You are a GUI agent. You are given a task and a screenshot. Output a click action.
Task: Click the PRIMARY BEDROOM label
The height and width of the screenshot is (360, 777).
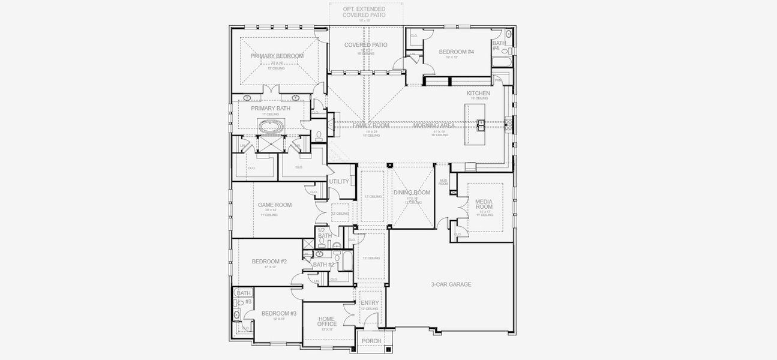[x=277, y=56]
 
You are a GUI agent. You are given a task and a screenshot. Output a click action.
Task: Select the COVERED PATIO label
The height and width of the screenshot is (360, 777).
[x=365, y=45]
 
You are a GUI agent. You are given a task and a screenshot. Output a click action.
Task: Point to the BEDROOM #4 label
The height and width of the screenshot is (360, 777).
[x=456, y=52]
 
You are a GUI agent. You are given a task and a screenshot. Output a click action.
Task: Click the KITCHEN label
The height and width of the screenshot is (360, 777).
[x=478, y=93]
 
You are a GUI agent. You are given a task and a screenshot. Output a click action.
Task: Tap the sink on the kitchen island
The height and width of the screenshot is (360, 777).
[x=481, y=124]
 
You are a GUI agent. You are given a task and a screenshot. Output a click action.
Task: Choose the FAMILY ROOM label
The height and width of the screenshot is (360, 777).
[x=371, y=125]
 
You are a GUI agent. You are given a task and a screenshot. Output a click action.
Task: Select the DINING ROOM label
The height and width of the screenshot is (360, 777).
[x=412, y=193]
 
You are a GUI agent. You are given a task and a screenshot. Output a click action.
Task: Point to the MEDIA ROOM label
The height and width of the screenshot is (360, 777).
[x=484, y=204]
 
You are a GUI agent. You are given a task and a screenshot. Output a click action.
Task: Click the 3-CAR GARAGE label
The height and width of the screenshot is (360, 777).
[x=451, y=284]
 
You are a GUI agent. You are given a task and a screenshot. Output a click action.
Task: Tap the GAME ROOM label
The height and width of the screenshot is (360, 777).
[x=274, y=205]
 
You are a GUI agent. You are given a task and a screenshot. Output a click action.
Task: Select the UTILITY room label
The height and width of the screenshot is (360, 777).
[x=339, y=181]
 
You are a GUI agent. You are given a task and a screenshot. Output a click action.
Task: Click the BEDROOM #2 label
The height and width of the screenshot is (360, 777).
[x=269, y=261]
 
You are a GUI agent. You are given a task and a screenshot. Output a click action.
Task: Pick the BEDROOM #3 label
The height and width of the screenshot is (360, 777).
[x=278, y=313]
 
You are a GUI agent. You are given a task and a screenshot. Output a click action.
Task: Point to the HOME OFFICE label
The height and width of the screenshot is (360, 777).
[x=327, y=320]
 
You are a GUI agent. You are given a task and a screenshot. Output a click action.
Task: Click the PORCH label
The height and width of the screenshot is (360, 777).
[x=371, y=341]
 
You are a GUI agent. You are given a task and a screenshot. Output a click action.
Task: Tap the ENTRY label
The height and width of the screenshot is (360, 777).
[x=370, y=303]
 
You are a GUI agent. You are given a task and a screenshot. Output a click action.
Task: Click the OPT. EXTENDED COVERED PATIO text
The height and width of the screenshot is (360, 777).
[x=364, y=12]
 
